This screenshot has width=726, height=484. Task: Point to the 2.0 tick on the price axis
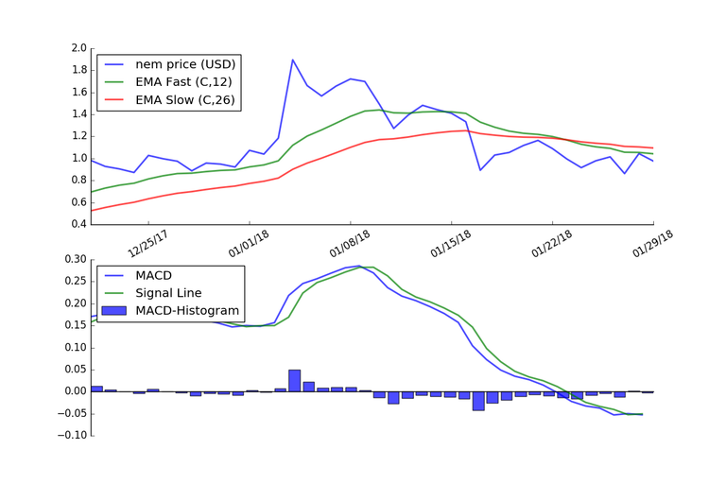pyautogui.click(x=78, y=48)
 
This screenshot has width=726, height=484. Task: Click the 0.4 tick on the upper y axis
pyautogui.click(x=78, y=225)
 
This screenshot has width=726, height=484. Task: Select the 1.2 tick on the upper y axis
pyautogui.click(x=78, y=137)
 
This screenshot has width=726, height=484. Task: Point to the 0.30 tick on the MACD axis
pyautogui.click(x=75, y=259)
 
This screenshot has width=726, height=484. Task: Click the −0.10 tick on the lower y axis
pyautogui.click(x=71, y=436)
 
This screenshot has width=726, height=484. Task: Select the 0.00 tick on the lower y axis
pyautogui.click(x=75, y=391)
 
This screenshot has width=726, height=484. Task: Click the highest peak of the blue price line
pyautogui.click(x=293, y=60)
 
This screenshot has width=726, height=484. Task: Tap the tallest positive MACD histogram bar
pyautogui.click(x=294, y=380)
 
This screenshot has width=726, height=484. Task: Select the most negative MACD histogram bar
pyautogui.click(x=478, y=401)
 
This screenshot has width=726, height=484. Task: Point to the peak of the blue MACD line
pyautogui.click(x=357, y=267)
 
